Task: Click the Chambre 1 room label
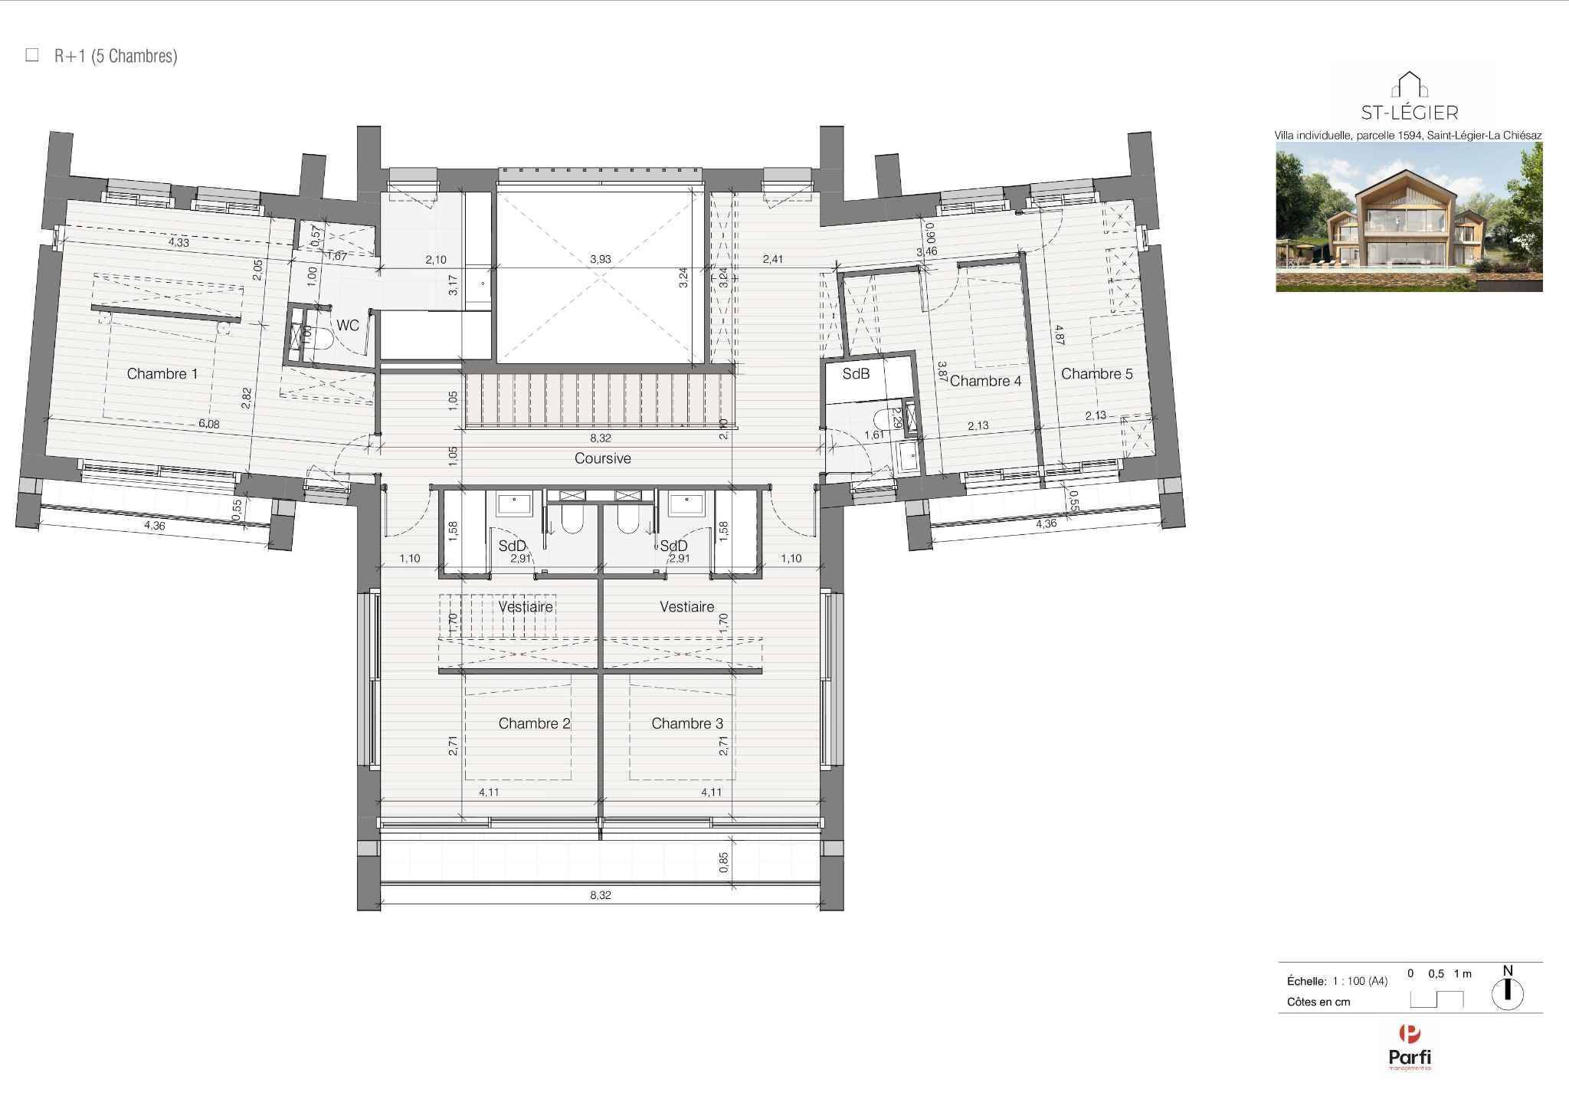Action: [x=162, y=374]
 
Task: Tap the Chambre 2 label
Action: [x=534, y=723]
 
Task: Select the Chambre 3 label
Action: [x=686, y=723]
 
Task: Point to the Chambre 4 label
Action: [x=985, y=381]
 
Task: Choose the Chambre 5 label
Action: [x=1096, y=374]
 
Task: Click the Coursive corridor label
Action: [x=602, y=458]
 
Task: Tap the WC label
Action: [x=347, y=326]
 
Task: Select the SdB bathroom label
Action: [x=856, y=374]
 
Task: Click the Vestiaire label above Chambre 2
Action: [x=526, y=606]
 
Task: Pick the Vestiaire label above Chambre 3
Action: [x=686, y=606]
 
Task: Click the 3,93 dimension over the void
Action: [x=601, y=259]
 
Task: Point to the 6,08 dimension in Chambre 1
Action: [x=208, y=424]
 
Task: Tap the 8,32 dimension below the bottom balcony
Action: [x=601, y=895]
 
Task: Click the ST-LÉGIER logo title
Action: [x=1409, y=113]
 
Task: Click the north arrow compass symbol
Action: [x=1507, y=993]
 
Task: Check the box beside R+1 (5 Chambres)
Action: [x=32, y=55]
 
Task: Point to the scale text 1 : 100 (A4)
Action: [x=1360, y=981]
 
